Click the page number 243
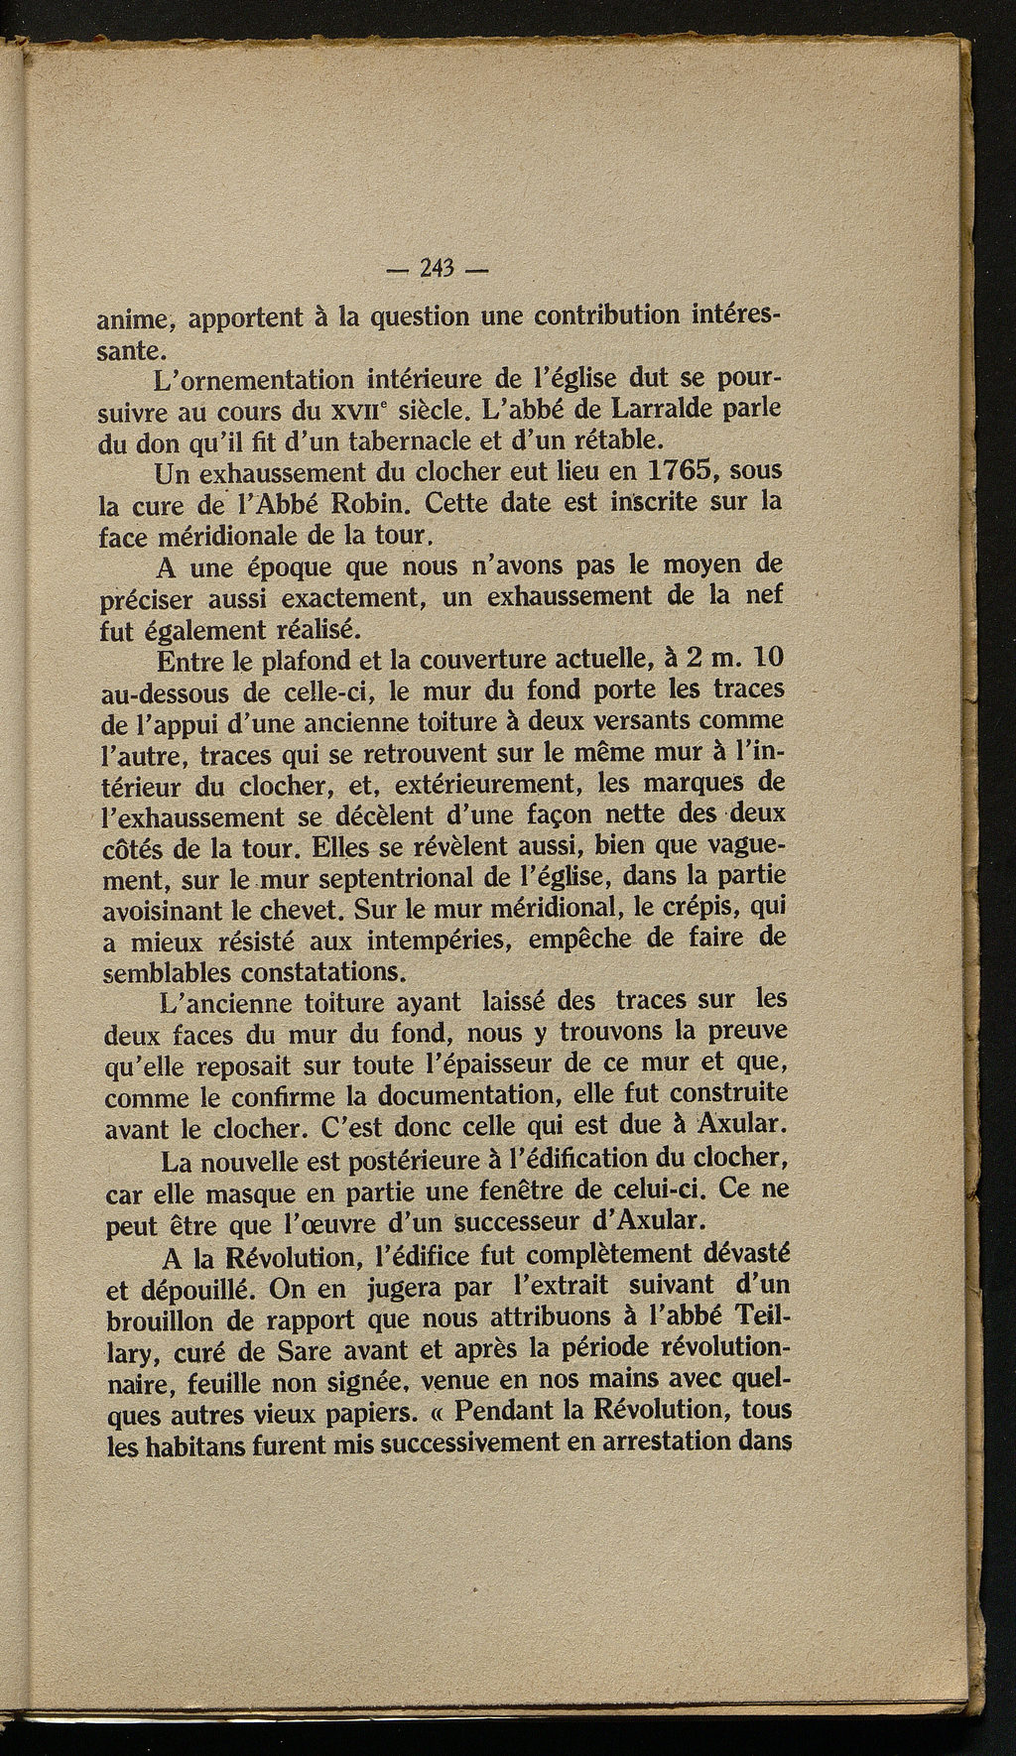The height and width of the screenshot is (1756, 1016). coord(436,268)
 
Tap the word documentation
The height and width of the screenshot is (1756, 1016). coord(445,1096)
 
